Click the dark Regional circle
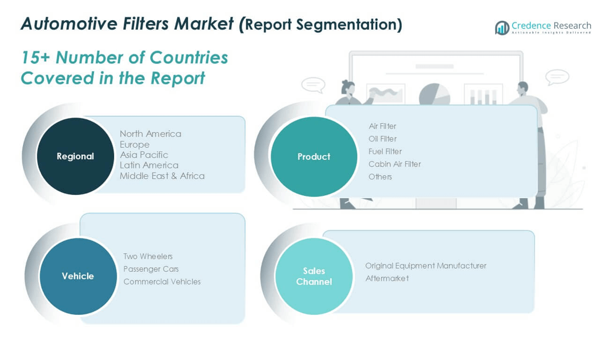pyautogui.click(x=75, y=156)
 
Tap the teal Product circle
pyautogui.click(x=314, y=157)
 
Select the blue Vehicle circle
pyautogui.click(x=78, y=276)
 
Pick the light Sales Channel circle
pyautogui.click(x=314, y=276)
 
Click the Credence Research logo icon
pyautogui.click(x=502, y=28)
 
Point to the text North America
pyautogui.click(x=150, y=134)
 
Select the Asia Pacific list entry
pyautogui.click(x=144, y=155)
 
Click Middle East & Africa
pyautogui.click(x=162, y=176)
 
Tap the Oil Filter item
pyautogui.click(x=383, y=139)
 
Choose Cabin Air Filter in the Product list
pyautogui.click(x=395, y=164)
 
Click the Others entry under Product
pyautogui.click(x=380, y=177)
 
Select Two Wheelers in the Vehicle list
pyautogui.click(x=148, y=256)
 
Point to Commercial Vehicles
pyautogui.click(x=162, y=281)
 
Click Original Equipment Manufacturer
pyautogui.click(x=426, y=266)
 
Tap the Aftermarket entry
pyautogui.click(x=387, y=279)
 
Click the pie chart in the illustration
pyautogui.click(x=434, y=95)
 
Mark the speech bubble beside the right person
pyautogui.click(x=557, y=77)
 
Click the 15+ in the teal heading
pyautogui.click(x=36, y=57)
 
